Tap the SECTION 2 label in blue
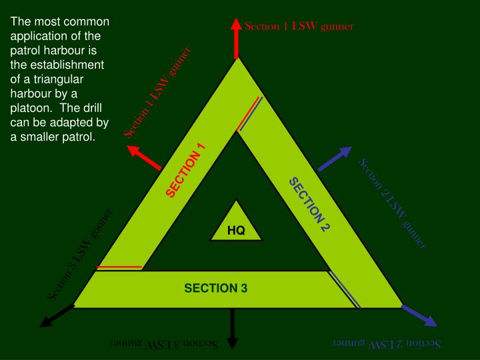point(309,204)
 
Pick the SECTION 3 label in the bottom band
point(216,288)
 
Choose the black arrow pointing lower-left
point(56,317)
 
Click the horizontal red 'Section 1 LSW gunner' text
point(299,27)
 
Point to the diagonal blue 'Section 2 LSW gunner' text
point(393,203)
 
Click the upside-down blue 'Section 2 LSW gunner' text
point(387,343)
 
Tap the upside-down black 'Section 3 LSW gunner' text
point(164,343)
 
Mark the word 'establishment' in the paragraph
point(63,65)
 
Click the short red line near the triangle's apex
point(246,113)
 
